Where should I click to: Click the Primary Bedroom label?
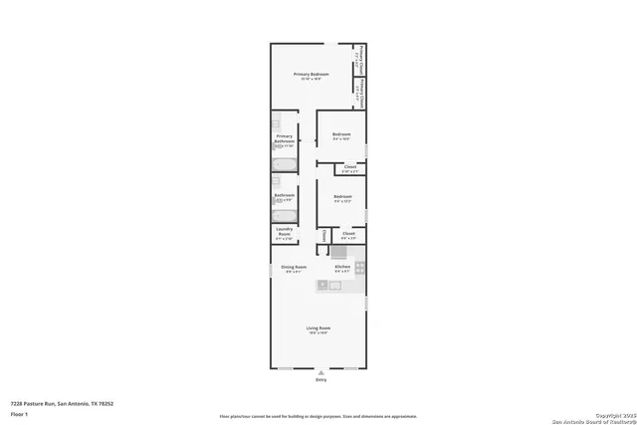[311, 76]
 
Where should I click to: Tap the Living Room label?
[318, 328]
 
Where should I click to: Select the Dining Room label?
[293, 267]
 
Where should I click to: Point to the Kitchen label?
[341, 267]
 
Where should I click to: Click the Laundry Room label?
[284, 235]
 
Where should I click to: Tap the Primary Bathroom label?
[284, 141]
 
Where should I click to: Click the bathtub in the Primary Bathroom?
[284, 166]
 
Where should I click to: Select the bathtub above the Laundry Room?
[284, 215]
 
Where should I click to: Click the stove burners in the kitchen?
[360, 267]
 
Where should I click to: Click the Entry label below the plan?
[319, 380]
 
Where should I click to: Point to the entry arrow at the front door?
[319, 373]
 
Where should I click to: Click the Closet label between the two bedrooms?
[350, 168]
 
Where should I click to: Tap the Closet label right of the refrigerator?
[348, 235]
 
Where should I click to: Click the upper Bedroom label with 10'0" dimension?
[341, 135]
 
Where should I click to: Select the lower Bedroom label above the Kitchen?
[342, 198]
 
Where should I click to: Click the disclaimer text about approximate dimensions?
[318, 416]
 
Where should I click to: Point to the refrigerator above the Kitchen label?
[338, 252]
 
